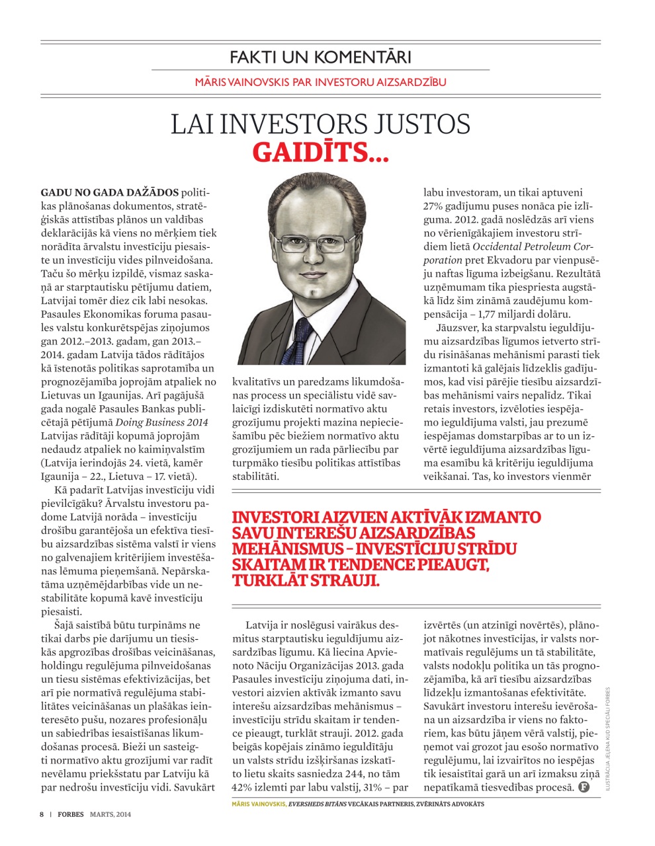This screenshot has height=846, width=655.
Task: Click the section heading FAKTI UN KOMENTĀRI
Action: (x=320, y=57)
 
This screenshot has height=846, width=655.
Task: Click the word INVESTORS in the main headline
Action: (x=289, y=124)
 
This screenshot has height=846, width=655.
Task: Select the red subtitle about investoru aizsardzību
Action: (x=320, y=83)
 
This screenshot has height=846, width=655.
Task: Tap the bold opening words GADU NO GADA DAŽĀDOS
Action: (x=109, y=192)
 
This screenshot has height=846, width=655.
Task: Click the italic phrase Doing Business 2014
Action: (x=162, y=422)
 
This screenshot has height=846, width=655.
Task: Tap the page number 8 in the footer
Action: (x=41, y=814)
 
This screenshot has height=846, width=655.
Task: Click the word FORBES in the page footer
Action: (x=70, y=814)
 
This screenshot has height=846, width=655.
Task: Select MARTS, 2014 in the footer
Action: (x=110, y=814)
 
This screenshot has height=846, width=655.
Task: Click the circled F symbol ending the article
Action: (x=584, y=787)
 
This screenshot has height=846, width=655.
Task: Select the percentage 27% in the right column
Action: (x=435, y=206)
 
